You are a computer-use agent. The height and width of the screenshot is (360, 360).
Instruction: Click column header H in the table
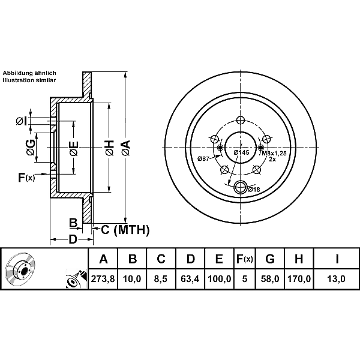(x=299, y=259)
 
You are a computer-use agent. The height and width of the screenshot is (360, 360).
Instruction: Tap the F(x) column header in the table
(x=244, y=259)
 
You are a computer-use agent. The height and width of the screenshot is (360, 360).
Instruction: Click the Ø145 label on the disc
(x=241, y=153)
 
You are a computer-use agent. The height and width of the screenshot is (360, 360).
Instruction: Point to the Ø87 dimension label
(x=203, y=158)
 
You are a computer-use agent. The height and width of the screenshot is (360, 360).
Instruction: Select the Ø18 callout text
(x=254, y=190)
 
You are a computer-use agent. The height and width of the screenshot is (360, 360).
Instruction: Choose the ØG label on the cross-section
(x=30, y=146)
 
